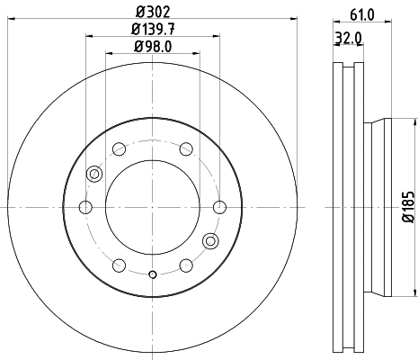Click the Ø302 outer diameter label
(x=152, y=12)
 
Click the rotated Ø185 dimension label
(x=407, y=208)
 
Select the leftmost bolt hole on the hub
(x=86, y=208)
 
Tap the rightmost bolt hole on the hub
(x=218, y=208)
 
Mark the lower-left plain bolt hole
(x=120, y=265)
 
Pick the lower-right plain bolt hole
(x=185, y=265)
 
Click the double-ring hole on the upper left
(x=93, y=175)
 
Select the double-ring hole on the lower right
(x=211, y=240)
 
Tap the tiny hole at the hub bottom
(x=153, y=275)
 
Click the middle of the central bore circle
(x=152, y=208)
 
